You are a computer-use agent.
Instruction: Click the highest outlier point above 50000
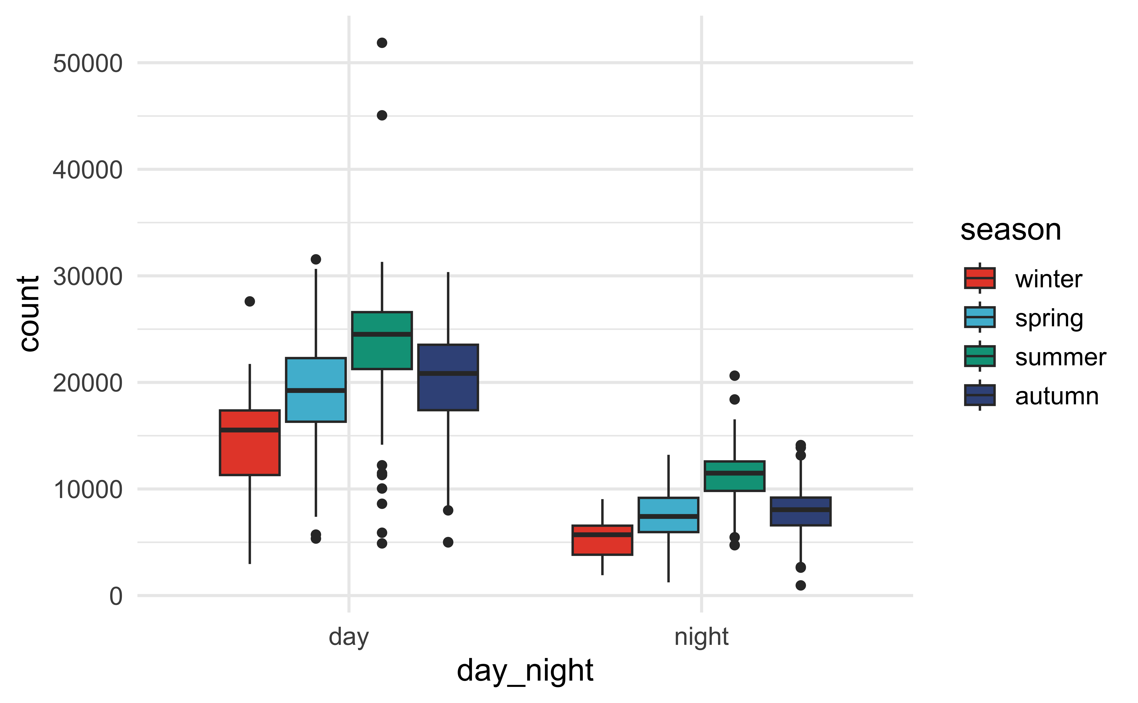click(382, 43)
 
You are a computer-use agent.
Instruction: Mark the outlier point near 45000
click(382, 115)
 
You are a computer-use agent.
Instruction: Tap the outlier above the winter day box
click(250, 301)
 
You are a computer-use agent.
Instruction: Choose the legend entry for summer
click(1060, 357)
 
